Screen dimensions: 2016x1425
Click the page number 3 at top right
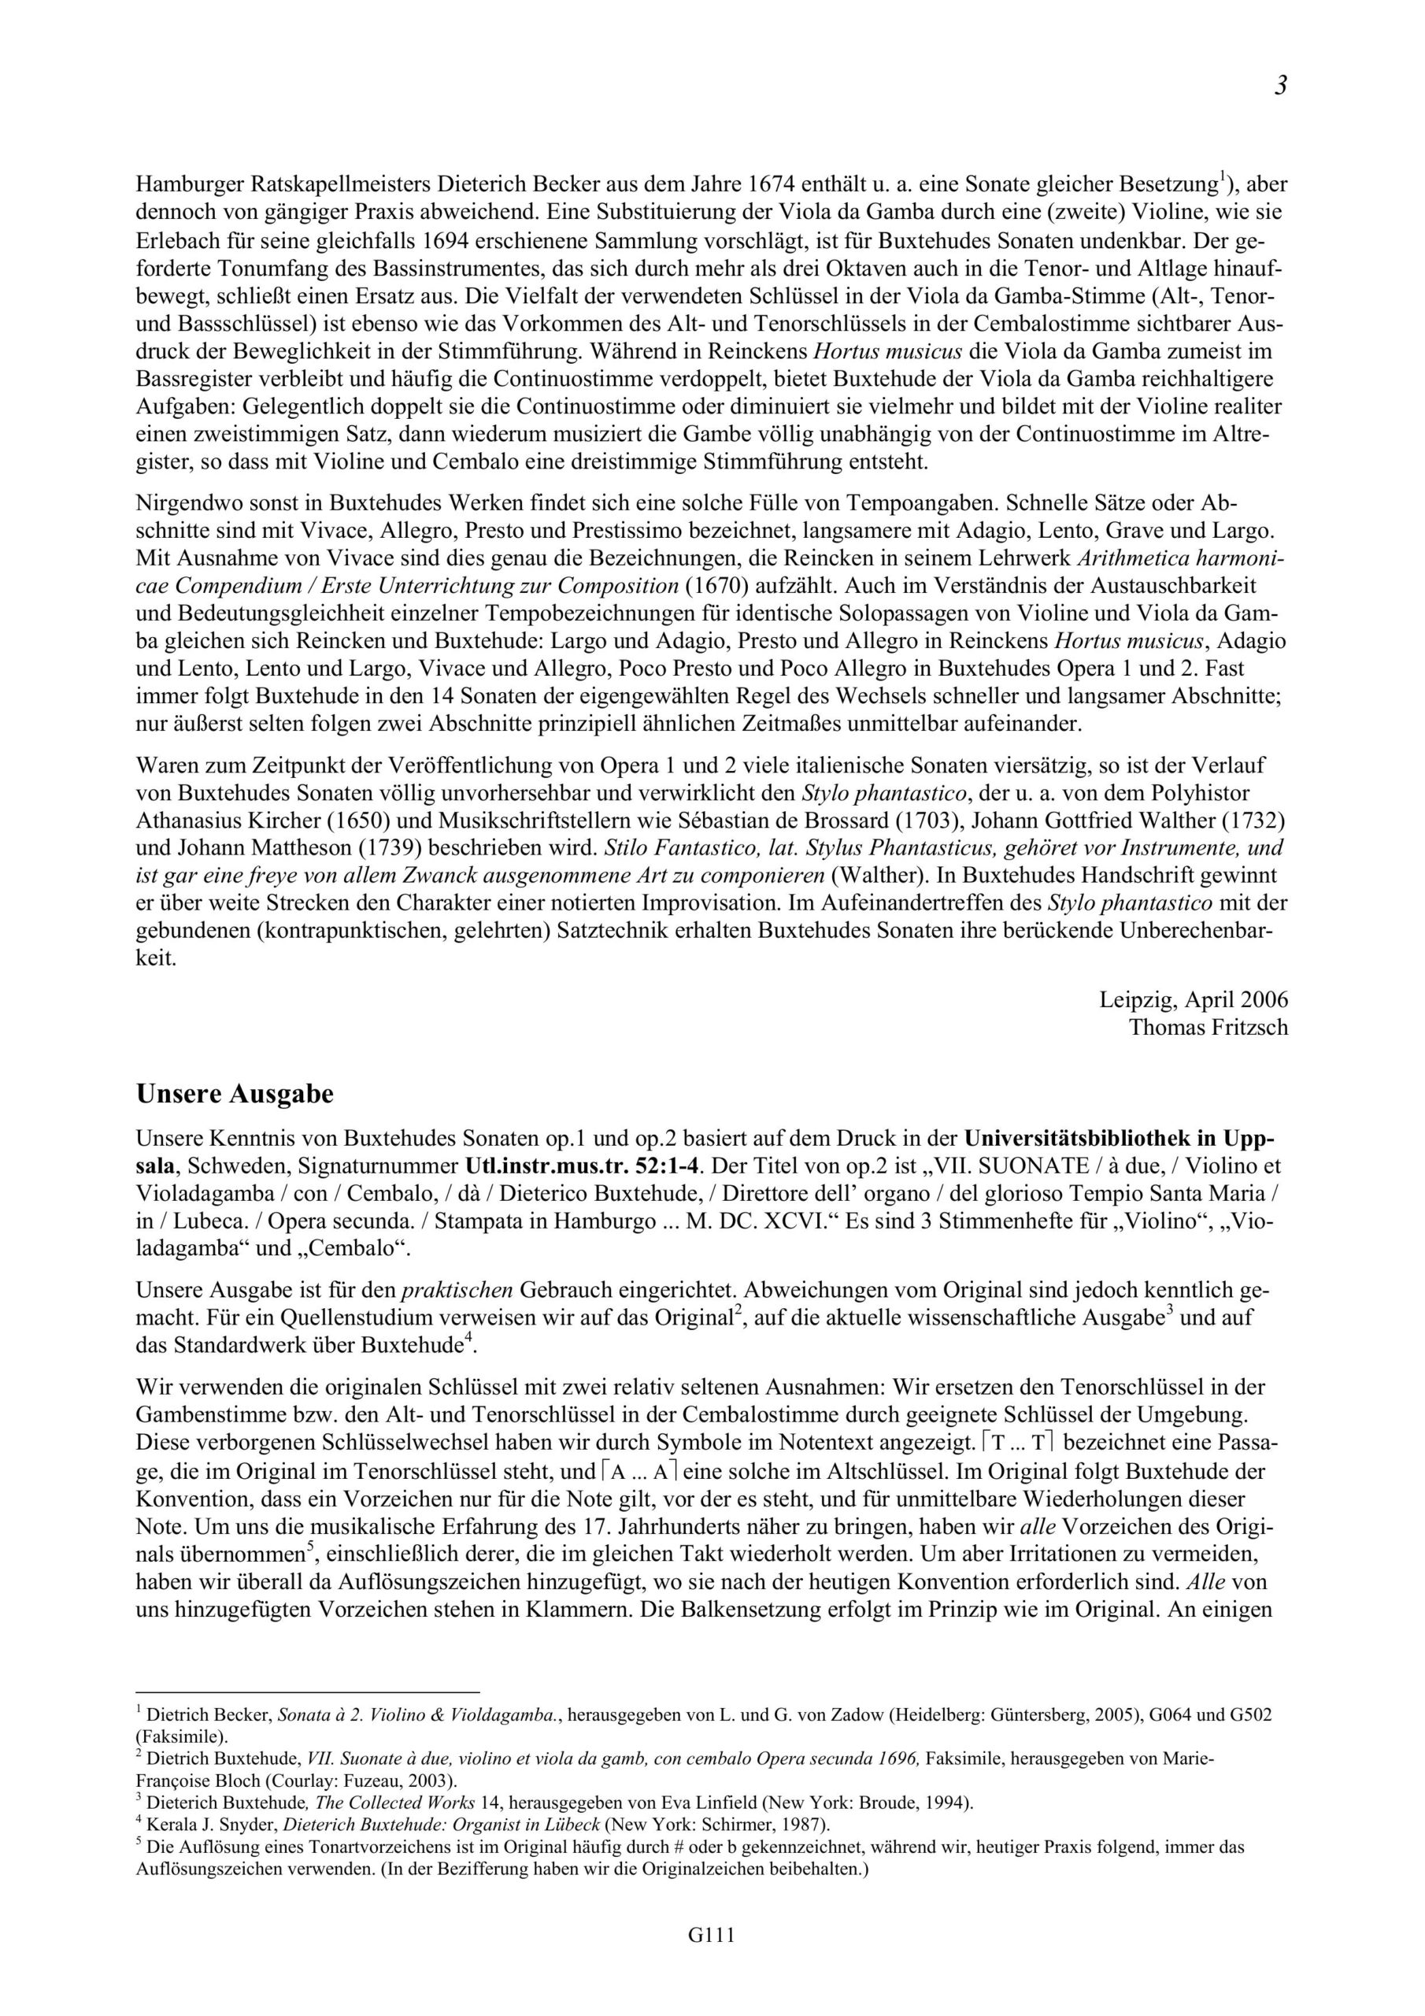pyautogui.click(x=1281, y=86)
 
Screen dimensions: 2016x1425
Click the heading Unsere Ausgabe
pyautogui.click(x=235, y=1095)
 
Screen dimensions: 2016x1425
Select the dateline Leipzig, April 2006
pyautogui.click(x=1194, y=999)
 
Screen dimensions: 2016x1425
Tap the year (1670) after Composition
pyautogui.click(x=716, y=585)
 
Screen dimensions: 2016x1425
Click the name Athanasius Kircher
pyautogui.click(x=229, y=820)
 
